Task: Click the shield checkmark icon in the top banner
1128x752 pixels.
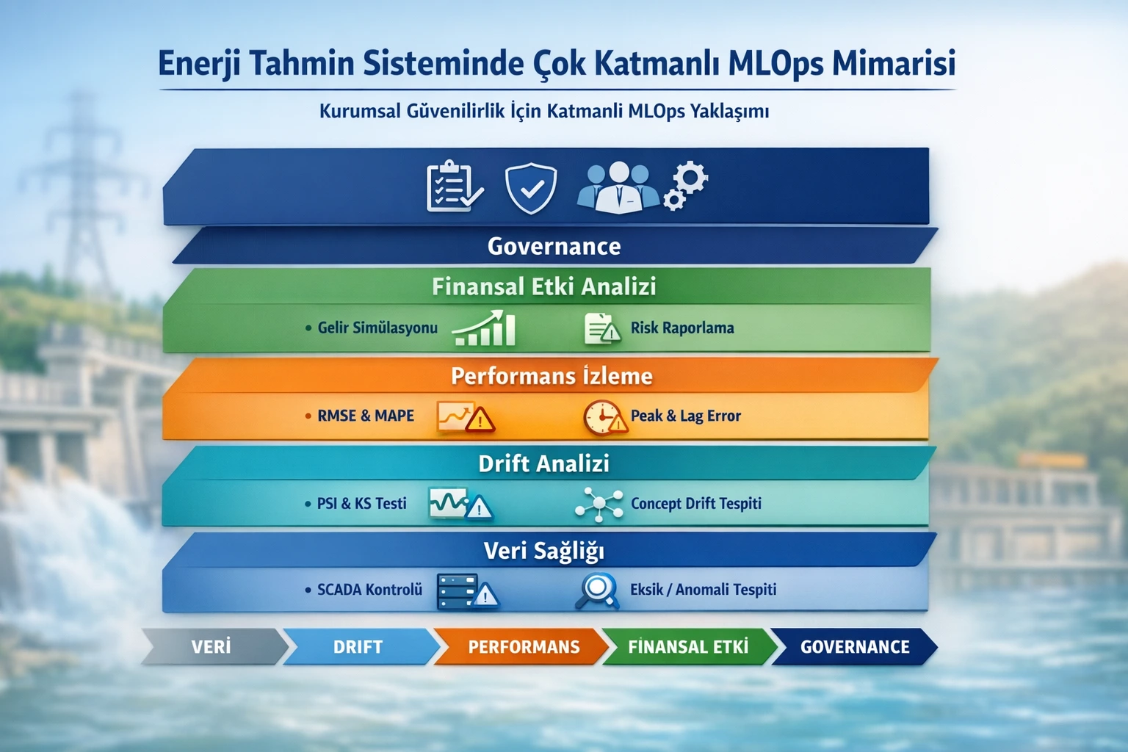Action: [x=530, y=188]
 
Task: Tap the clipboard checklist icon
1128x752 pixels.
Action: [x=454, y=187]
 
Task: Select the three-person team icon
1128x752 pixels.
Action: [x=618, y=188]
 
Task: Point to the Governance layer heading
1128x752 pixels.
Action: [x=554, y=246]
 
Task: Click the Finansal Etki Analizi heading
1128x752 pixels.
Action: [x=543, y=286]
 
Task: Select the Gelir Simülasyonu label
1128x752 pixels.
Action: [x=377, y=328]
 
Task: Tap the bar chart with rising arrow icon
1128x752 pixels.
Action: [x=485, y=328]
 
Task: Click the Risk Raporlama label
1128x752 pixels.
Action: [x=681, y=328]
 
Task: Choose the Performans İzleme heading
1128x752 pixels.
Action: [x=552, y=376]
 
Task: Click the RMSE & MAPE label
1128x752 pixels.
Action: [x=365, y=416]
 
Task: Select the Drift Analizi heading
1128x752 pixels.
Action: [x=543, y=463]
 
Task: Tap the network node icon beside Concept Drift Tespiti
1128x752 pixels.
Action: [x=599, y=505]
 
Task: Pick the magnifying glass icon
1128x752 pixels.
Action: [x=597, y=590]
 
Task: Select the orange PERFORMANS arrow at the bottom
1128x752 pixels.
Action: [x=523, y=647]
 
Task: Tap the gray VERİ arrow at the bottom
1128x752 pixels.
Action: [x=211, y=647]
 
